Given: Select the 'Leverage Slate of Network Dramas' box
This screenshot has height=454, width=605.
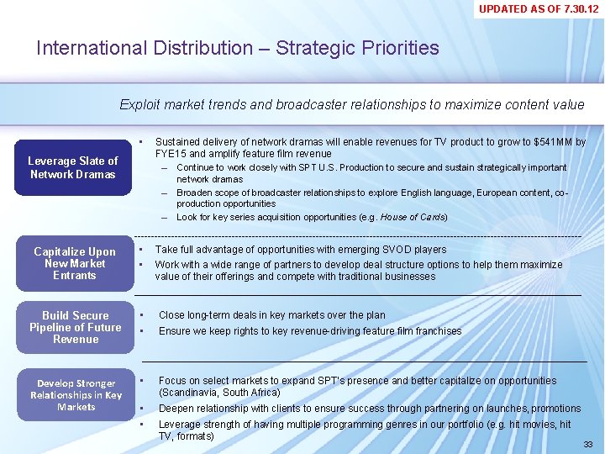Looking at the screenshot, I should point(73,167).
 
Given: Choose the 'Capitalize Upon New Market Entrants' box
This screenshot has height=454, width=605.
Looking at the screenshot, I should point(75,263).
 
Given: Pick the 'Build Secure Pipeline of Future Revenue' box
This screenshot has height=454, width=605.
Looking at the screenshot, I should point(75,327).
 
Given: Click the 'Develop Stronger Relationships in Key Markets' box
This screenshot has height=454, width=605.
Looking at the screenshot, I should point(76,394).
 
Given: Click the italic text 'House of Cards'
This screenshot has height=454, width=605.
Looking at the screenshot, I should point(413,217).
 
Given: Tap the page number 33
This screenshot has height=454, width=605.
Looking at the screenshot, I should point(588,443).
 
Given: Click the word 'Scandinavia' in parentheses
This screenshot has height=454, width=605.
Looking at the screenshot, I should point(188,393).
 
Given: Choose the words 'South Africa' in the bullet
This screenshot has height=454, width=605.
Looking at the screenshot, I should point(252,393).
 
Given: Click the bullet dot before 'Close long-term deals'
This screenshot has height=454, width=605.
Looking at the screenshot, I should point(142,315).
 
